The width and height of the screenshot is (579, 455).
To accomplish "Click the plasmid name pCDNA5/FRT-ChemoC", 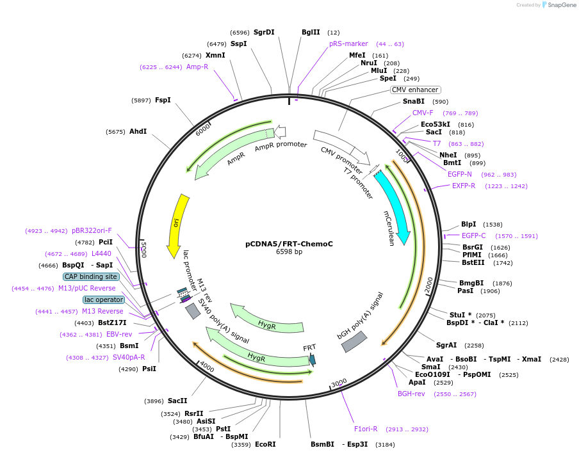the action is (289, 244).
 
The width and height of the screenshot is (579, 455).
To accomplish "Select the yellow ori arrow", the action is (177, 224).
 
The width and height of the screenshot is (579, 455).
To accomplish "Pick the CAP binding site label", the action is (91, 276).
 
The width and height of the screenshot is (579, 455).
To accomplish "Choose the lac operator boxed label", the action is (103, 299).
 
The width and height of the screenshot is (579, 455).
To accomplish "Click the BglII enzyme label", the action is (311, 32).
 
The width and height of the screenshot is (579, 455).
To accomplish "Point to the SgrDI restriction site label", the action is (264, 32).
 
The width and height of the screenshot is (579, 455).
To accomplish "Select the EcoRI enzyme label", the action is (265, 444).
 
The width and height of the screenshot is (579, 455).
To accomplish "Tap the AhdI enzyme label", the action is (138, 131).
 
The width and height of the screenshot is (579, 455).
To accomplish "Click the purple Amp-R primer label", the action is (197, 67).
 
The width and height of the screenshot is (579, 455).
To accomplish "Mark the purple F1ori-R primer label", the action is (366, 429).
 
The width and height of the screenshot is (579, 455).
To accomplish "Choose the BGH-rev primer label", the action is (411, 394).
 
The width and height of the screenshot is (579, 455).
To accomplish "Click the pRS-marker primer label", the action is (348, 44).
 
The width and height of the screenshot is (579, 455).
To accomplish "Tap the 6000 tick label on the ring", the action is (203, 129).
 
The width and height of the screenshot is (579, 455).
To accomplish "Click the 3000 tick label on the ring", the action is (339, 383).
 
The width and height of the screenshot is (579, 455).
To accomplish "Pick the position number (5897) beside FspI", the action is (141, 100).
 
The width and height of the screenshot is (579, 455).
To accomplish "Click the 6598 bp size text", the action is (289, 252).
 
